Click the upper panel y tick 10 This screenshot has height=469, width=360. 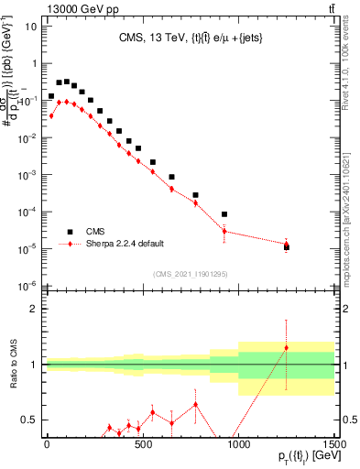click(29, 26)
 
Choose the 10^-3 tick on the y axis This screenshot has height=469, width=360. click(27, 174)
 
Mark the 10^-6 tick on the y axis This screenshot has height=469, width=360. click(27, 285)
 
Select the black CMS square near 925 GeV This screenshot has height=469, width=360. click(224, 213)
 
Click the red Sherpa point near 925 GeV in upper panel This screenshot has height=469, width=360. click(224, 231)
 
